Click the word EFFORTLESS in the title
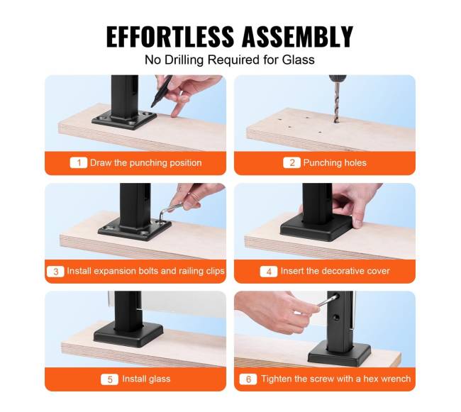(x=170, y=37)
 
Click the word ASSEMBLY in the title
(x=298, y=37)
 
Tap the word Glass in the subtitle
(x=298, y=60)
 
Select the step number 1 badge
(x=79, y=163)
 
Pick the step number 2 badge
(x=291, y=163)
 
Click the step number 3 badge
(x=55, y=271)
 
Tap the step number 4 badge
(x=269, y=271)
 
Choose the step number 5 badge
(x=109, y=379)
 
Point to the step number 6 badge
(x=248, y=379)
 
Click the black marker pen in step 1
(x=162, y=91)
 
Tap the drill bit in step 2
(x=336, y=101)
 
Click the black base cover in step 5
(x=128, y=335)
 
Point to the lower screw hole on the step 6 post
(x=337, y=318)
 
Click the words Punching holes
(x=335, y=163)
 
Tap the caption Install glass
(x=146, y=379)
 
